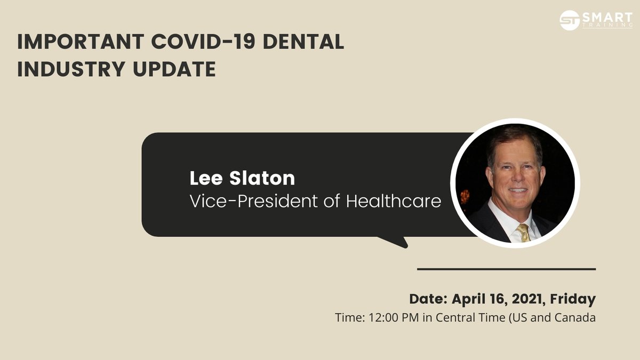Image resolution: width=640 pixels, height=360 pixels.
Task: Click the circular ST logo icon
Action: pyautogui.click(x=570, y=20)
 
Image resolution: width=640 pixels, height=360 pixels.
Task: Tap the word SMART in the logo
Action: pyautogui.click(x=607, y=17)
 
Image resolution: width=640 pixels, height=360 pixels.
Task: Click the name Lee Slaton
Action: pyautogui.click(x=242, y=178)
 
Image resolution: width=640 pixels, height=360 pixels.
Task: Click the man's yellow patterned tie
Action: pyautogui.click(x=524, y=233)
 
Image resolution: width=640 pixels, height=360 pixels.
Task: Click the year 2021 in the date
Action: pyautogui.click(x=529, y=299)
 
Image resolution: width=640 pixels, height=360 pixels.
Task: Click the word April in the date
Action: pyautogui.click(x=469, y=299)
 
